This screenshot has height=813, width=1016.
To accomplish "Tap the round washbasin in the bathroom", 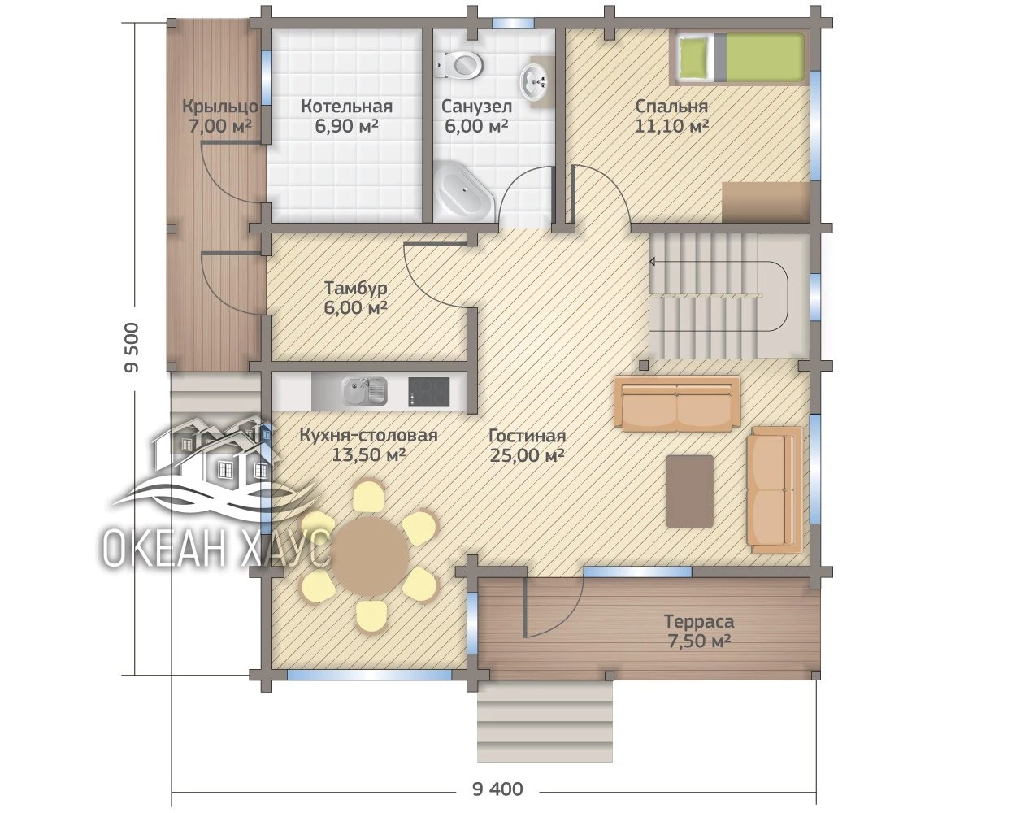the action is pyautogui.click(x=534, y=82).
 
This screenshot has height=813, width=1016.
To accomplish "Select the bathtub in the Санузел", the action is pyautogui.click(x=463, y=191).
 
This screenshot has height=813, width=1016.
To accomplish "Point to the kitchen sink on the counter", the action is pyautogui.click(x=364, y=392).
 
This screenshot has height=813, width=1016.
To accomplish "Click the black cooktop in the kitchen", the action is pyautogui.click(x=428, y=392).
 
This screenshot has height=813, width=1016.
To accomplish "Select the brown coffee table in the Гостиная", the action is pyautogui.click(x=690, y=491).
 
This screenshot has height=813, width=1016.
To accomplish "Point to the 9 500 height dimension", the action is pyautogui.click(x=132, y=347).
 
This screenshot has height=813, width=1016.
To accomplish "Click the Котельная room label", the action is pyautogui.click(x=346, y=107).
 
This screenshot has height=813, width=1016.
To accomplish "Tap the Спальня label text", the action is pyautogui.click(x=671, y=107).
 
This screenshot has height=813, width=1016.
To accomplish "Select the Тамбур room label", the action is pyautogui.click(x=356, y=288).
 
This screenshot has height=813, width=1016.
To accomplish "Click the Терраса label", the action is pyautogui.click(x=699, y=621).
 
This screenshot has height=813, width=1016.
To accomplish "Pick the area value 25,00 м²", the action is pyautogui.click(x=527, y=455).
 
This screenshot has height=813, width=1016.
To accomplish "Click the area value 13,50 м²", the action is pyautogui.click(x=369, y=455).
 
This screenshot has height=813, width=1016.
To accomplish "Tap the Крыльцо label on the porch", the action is pyautogui.click(x=220, y=107).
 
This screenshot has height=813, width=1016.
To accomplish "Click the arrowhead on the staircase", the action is pyautogui.click(x=653, y=261).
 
